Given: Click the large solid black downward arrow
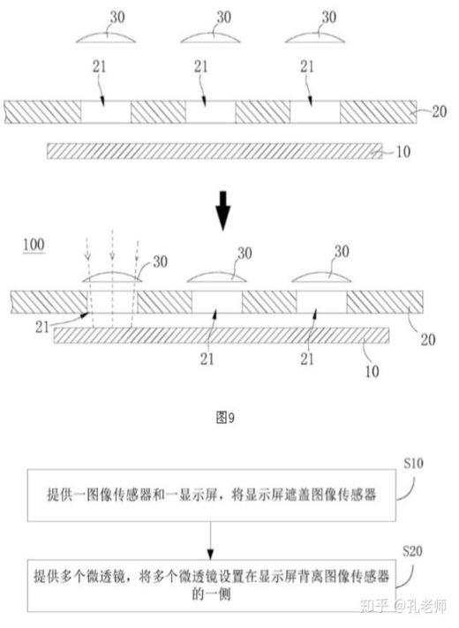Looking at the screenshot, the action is click(x=223, y=211).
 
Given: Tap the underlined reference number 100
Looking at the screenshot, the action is click(x=34, y=245).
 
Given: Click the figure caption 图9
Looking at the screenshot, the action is click(x=225, y=418).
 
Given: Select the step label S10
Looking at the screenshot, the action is click(x=413, y=464).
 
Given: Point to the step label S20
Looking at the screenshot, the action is click(x=412, y=551).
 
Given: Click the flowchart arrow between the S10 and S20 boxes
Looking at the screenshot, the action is click(x=210, y=541).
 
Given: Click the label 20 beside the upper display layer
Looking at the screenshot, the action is click(x=439, y=111).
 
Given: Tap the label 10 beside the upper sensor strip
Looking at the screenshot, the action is click(x=403, y=152).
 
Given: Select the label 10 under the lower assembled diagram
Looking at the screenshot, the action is click(x=372, y=371).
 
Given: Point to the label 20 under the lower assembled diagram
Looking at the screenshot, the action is click(x=428, y=340).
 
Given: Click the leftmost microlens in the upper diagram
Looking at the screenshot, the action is click(x=106, y=38).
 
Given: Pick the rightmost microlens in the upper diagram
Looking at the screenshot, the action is click(x=315, y=38).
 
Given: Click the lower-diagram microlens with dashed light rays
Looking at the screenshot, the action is click(x=112, y=277).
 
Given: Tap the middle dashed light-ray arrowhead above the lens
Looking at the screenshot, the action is click(x=112, y=255).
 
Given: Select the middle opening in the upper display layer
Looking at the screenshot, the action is click(x=210, y=112).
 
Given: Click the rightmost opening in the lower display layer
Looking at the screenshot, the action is click(x=321, y=301).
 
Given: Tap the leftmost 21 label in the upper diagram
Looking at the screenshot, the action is click(x=100, y=66).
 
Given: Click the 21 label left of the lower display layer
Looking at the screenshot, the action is click(x=42, y=327).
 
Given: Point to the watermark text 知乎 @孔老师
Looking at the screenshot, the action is click(x=403, y=606).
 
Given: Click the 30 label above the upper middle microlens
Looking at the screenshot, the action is click(x=223, y=17).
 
